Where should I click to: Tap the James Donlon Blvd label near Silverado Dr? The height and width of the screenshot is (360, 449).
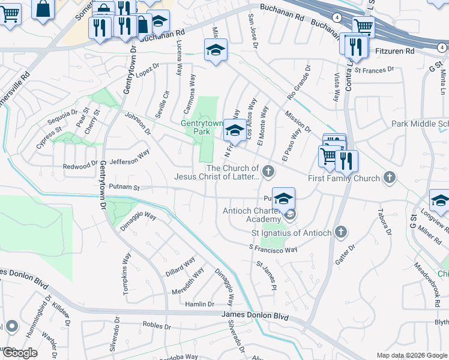255,316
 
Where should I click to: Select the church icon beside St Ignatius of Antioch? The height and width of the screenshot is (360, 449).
341,232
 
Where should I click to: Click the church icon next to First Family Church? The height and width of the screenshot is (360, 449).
390,178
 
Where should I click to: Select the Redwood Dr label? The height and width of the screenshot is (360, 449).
80,165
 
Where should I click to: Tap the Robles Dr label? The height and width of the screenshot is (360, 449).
157,325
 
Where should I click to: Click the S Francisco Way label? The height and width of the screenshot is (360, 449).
273,248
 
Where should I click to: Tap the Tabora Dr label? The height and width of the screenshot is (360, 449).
383,221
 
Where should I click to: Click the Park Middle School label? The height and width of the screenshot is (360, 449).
420,124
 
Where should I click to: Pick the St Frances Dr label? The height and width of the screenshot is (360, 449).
374,70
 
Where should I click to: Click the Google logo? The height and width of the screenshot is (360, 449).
19,353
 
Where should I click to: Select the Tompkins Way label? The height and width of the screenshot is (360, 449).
126,264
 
